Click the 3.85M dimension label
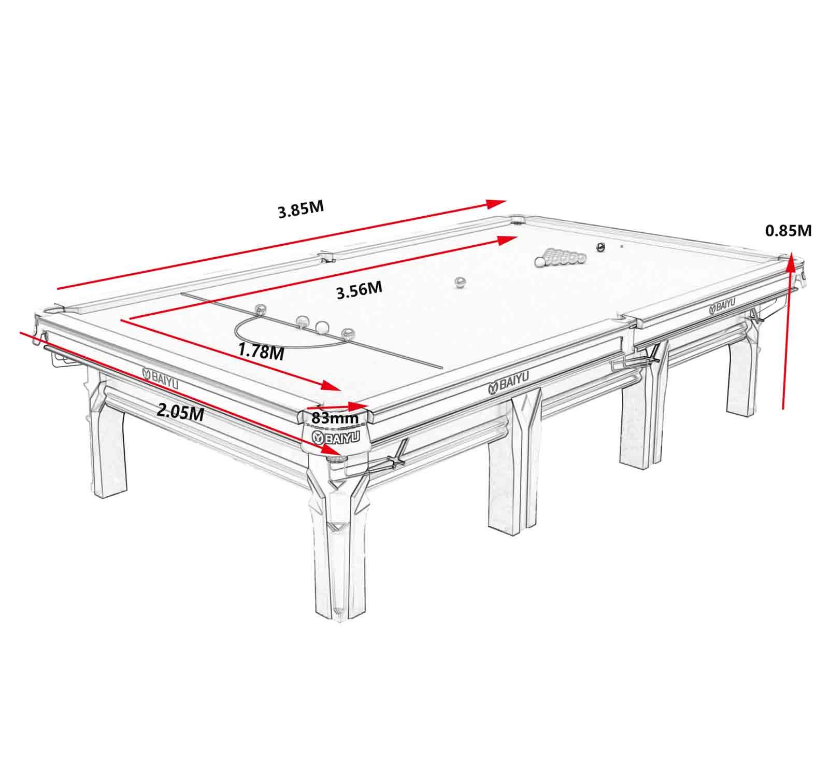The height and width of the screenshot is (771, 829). click(301, 210)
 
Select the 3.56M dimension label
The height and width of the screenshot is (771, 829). click(359, 290)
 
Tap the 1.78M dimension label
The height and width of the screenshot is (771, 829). click(261, 351)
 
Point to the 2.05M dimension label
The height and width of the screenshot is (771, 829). click(179, 412)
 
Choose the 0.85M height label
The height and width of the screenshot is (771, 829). click(788, 230)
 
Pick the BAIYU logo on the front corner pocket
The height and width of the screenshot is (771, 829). click(335, 438)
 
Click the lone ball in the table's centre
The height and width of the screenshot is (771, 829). click(460, 282)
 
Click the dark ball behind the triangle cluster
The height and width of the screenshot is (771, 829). click(601, 247)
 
